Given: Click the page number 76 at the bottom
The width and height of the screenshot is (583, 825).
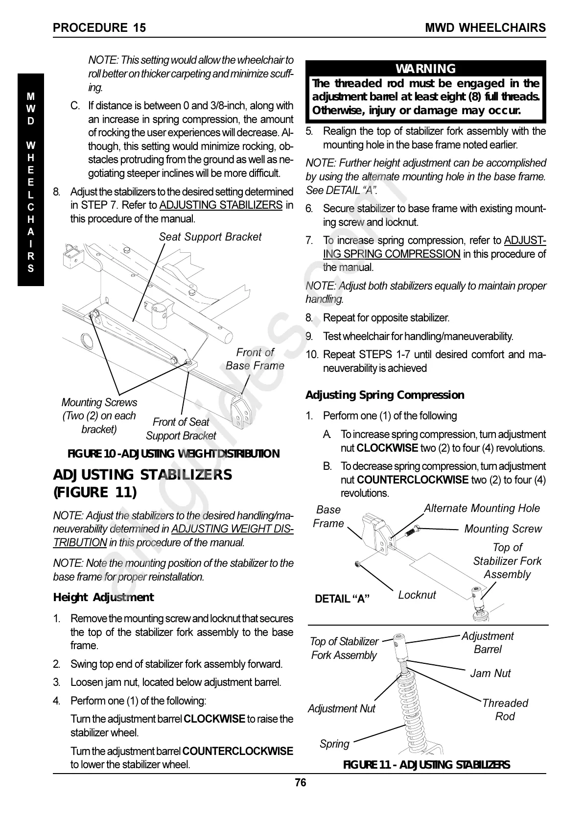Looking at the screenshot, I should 301,783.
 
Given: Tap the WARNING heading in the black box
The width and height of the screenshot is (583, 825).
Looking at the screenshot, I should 425,69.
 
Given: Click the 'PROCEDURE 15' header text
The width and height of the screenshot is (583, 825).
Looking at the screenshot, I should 99,28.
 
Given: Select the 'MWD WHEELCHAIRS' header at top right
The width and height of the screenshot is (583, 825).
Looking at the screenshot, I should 485,28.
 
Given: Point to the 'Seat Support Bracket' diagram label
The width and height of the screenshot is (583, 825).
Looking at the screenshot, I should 210,237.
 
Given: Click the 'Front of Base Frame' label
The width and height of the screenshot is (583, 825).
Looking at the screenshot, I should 255,359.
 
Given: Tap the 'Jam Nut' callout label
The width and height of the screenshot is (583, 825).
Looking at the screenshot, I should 490,674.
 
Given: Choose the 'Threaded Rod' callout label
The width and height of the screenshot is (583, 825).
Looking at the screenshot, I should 505,710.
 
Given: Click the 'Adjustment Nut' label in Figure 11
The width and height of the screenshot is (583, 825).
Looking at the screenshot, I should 342,708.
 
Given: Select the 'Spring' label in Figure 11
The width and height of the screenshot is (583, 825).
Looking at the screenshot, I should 334,744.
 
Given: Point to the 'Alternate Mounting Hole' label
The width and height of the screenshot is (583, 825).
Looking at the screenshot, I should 482,509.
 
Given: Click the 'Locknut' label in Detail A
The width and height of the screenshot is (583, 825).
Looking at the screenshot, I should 417,595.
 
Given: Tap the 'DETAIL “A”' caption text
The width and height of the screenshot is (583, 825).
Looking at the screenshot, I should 342,599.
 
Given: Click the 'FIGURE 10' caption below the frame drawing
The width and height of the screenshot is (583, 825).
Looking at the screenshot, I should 173,454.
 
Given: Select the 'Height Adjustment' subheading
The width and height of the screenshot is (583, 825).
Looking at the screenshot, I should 103,597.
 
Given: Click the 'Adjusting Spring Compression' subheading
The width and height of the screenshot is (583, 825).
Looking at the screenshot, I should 385,395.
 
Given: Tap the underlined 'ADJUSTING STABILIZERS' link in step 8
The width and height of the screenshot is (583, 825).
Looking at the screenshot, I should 221,205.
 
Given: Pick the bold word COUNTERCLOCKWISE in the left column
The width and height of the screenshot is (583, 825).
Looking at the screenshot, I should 237,751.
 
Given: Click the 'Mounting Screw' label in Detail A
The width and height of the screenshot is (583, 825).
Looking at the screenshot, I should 503,529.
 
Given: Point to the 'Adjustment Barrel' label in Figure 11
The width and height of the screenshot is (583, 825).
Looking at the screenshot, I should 488,643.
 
